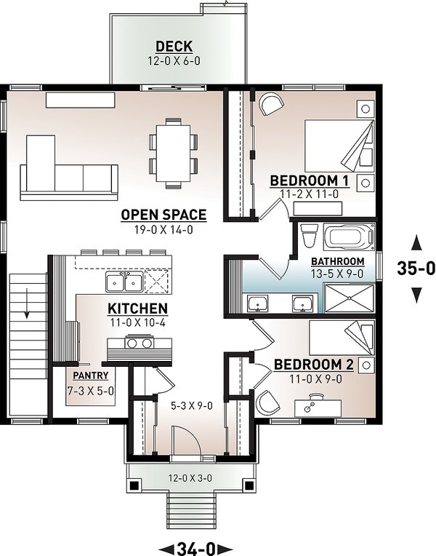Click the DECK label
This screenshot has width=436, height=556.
174,47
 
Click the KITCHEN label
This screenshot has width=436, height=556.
138,308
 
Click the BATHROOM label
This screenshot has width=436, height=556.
338,261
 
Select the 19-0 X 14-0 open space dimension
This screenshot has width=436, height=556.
163,230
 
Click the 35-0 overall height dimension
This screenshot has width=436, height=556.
416,268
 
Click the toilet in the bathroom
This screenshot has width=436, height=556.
308,237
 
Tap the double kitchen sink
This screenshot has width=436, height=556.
124,280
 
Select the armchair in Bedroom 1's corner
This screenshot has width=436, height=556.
271,105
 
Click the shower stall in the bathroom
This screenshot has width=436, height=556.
347,298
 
